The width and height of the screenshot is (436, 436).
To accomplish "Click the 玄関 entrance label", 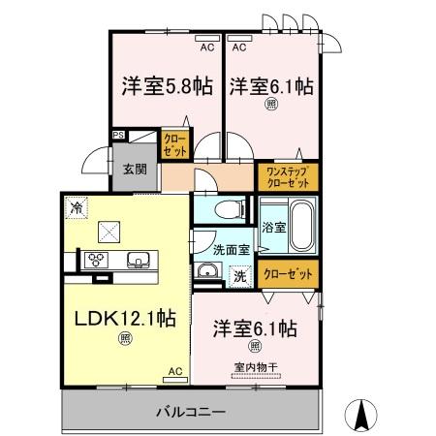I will pos(133,168).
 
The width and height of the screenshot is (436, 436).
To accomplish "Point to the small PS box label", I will pos(118,137).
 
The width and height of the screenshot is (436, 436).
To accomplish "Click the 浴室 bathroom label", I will pos(273,228).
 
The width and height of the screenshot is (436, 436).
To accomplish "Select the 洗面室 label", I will pos(231,248).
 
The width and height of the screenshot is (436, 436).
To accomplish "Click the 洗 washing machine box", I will pos(237,274).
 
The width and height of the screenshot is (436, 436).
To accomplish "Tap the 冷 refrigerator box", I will pos(76,206).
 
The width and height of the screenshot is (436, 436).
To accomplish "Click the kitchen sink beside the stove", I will pos(136,259).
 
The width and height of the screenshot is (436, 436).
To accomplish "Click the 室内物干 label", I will pos(254,366).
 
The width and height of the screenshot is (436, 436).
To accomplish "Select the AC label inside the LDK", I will pos(175,371).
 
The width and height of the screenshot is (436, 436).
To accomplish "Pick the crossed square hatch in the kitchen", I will pos(109,231).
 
